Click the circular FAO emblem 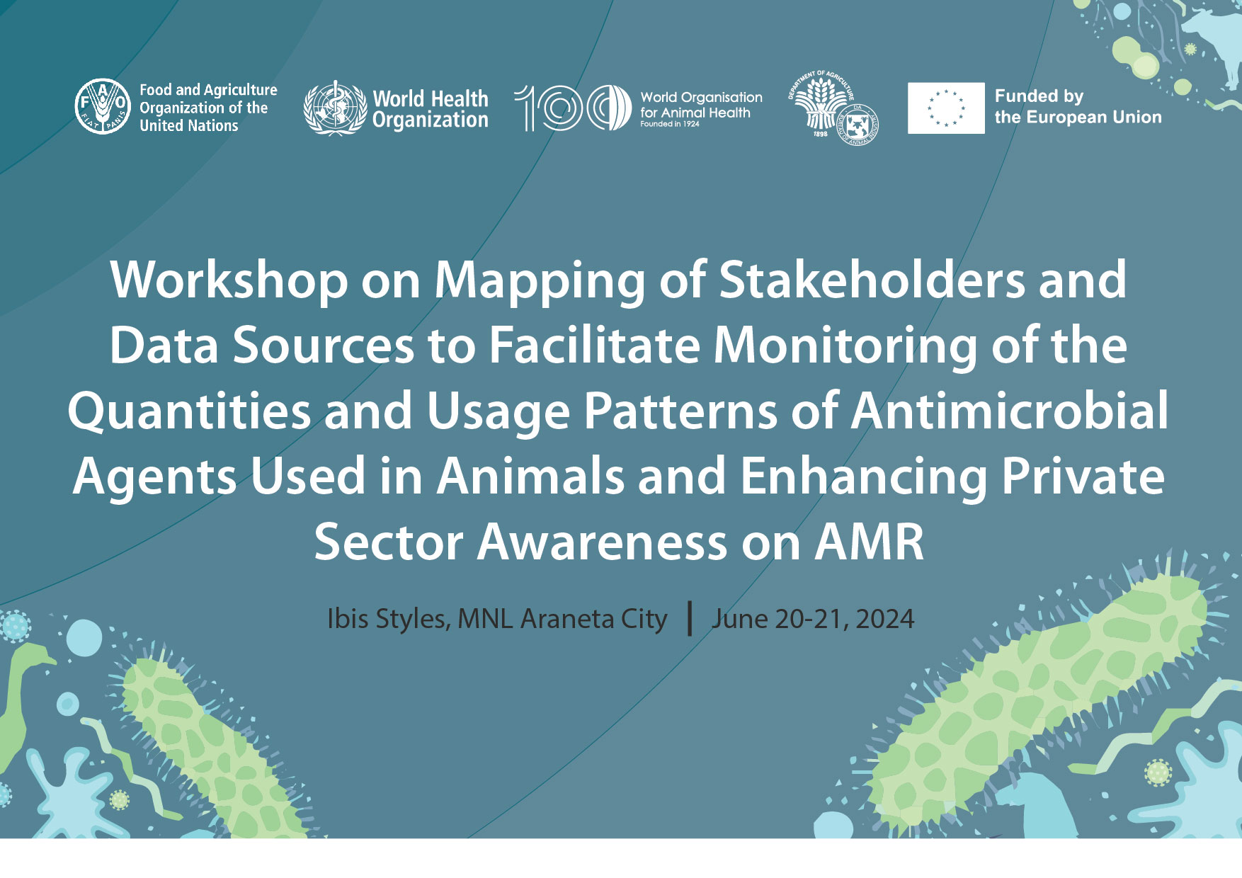[x=103, y=106]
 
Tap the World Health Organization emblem [x=334, y=108]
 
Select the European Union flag [x=946, y=108]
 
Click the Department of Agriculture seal [x=832, y=108]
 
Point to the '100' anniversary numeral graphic [x=572, y=108]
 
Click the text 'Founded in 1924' [x=670, y=124]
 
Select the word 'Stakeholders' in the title [x=872, y=280]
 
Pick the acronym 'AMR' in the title [x=870, y=542]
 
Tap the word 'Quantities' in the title [x=189, y=412]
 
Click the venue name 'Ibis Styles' [x=386, y=620]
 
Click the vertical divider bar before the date [x=690, y=618]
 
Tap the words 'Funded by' [x=1039, y=96]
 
